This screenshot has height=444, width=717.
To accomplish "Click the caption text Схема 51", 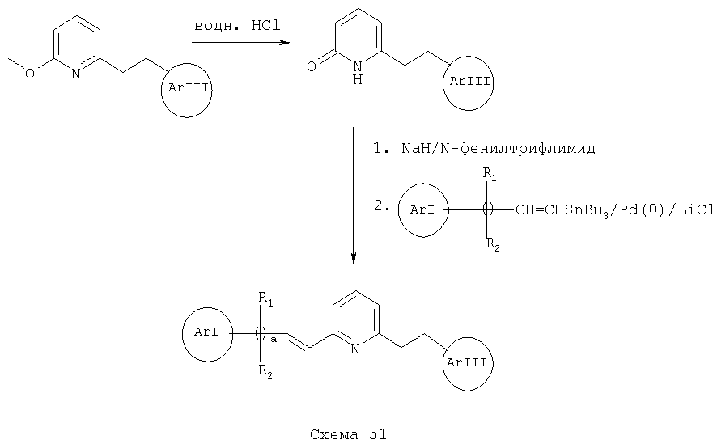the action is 348,434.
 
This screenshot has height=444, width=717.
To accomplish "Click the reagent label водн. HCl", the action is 237,26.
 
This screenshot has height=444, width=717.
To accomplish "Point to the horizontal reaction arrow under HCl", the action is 241,43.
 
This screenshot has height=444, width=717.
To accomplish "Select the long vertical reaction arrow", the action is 353,196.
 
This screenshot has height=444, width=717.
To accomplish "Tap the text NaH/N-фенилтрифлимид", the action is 499,148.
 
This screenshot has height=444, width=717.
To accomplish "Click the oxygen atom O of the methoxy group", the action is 30,73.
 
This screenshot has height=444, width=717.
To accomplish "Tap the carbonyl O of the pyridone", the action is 311,66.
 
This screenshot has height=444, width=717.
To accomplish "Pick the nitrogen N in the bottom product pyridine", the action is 355,349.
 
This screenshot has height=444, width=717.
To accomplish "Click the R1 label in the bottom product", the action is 265,299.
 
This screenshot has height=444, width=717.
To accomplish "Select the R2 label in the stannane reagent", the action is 493,245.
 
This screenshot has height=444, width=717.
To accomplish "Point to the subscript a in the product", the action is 274,340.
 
